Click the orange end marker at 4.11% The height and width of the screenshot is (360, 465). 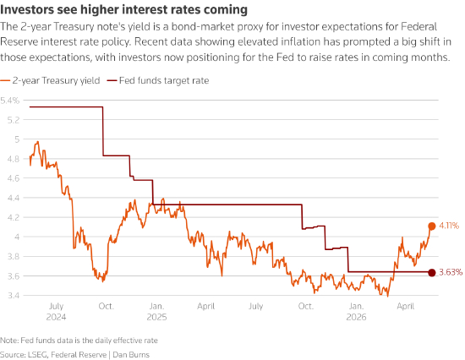pyautogui.click(x=432, y=226)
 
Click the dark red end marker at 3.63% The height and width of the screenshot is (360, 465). pyautogui.click(x=432, y=272)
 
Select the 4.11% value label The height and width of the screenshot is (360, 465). pyautogui.click(x=449, y=226)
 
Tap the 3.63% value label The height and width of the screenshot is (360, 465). pyautogui.click(x=451, y=272)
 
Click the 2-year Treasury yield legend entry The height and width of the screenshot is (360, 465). pyautogui.click(x=50, y=80)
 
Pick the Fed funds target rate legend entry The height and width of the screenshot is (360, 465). pyautogui.click(x=158, y=80)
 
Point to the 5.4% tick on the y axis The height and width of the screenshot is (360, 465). pyautogui.click(x=10, y=101)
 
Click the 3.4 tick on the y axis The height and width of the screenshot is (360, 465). pyautogui.click(x=14, y=296)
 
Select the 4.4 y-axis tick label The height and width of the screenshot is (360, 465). pyautogui.click(x=14, y=198)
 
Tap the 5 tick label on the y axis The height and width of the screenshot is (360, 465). pyautogui.click(x=17, y=139)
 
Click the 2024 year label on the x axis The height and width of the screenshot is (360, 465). pyautogui.click(x=56, y=317)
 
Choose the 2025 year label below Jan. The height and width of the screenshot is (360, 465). pyautogui.click(x=156, y=317)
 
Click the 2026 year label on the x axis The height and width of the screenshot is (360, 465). pyautogui.click(x=356, y=317)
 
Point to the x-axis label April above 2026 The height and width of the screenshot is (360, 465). pyautogui.click(x=405, y=306)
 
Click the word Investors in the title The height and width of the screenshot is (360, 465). pyautogui.click(x=27, y=10)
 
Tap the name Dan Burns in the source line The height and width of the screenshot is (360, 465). pyautogui.click(x=131, y=355)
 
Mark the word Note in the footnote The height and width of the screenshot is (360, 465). pyautogui.click(x=8, y=341)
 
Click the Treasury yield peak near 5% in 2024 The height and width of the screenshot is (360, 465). pyautogui.click(x=38, y=142)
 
